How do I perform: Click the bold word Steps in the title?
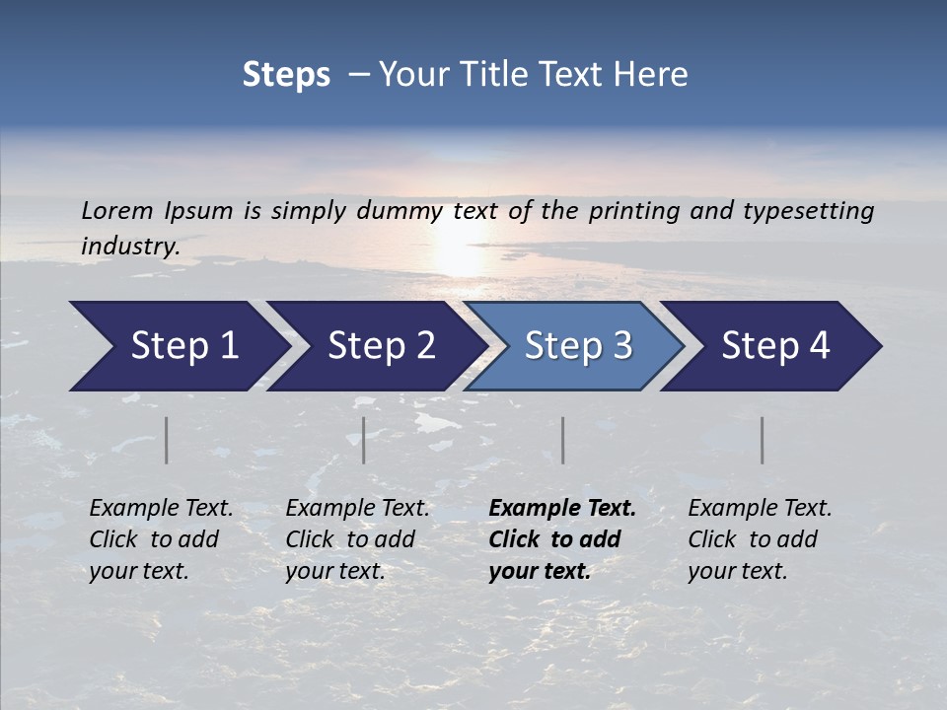pos(286,75)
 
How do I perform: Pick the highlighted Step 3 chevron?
pos(578,346)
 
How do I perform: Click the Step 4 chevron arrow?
pos(775,346)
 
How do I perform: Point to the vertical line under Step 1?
pos(167,440)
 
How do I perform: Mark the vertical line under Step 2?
pos(364,440)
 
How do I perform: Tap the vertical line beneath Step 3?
pos(563,440)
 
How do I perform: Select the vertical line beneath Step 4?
pos(763,440)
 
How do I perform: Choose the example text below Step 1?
pos(161,539)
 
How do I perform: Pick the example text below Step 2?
pos(357,539)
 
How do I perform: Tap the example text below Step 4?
pos(760,539)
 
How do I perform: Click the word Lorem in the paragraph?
pos(117,211)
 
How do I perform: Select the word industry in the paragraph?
pos(129,247)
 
